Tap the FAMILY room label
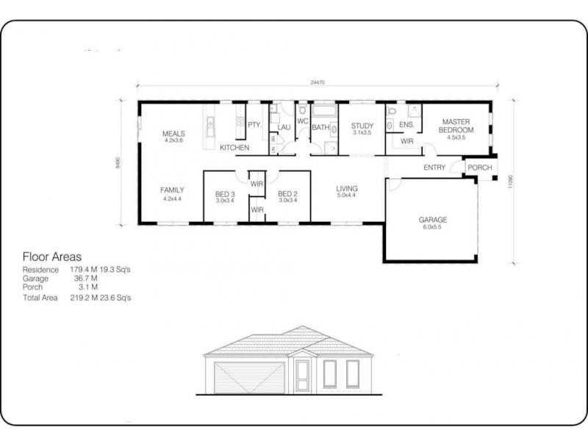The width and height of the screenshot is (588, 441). click(x=172, y=190)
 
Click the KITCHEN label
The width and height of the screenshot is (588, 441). click(x=234, y=148)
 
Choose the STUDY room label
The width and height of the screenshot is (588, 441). click(x=362, y=126)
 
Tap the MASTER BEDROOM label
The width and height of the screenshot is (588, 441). click(x=456, y=126)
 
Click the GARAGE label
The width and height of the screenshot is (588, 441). click(x=433, y=220)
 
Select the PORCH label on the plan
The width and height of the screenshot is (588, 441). click(x=480, y=168)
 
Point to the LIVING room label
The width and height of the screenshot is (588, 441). click(x=345, y=187)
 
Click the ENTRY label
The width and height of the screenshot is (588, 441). click(x=435, y=168)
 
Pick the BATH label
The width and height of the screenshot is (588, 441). click(x=320, y=127)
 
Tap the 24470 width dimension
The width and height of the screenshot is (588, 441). click(x=318, y=83)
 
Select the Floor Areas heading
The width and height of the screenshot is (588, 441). click(x=53, y=257)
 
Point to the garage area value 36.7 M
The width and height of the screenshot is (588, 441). click(x=85, y=279)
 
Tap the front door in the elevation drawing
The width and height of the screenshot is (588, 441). click(x=302, y=376)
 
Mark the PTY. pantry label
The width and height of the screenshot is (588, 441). click(x=254, y=125)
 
